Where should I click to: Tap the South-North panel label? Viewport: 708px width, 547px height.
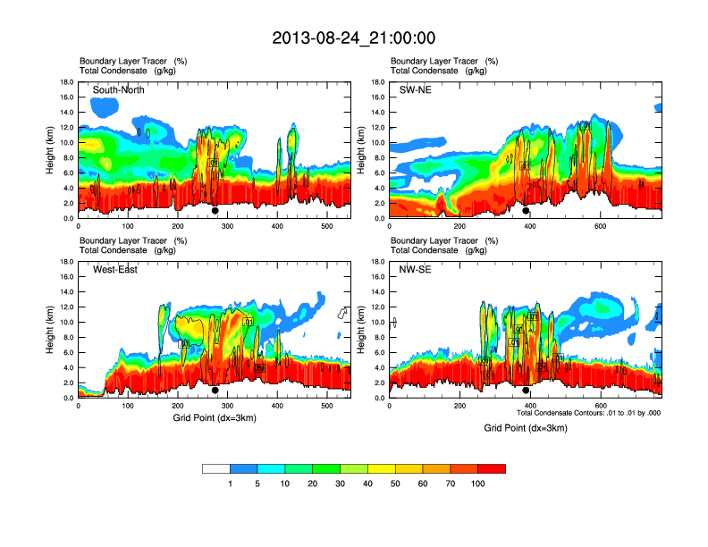pyautogui.click(x=119, y=90)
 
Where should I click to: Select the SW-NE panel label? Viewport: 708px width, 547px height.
pyautogui.click(x=415, y=90)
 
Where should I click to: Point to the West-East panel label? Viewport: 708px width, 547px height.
pyautogui.click(x=115, y=270)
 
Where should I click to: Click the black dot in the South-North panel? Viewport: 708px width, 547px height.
pyautogui.click(x=215, y=211)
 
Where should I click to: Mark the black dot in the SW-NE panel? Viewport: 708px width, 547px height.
pyautogui.click(x=526, y=211)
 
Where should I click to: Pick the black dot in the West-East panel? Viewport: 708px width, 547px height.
pyautogui.click(x=215, y=391)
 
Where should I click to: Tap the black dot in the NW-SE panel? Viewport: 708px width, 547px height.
pyautogui.click(x=526, y=391)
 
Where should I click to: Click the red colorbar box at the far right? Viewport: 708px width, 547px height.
pyautogui.click(x=492, y=468)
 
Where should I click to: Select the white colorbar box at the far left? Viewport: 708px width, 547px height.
pyautogui.click(x=215, y=468)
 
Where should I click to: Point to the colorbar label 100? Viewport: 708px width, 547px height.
pyautogui.click(x=478, y=484)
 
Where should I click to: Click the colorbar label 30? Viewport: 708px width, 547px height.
pyautogui.click(x=341, y=484)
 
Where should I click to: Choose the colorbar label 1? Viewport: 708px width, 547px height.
pyautogui.click(x=230, y=484)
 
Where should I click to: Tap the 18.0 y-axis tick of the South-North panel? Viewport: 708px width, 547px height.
pyautogui.click(x=67, y=82)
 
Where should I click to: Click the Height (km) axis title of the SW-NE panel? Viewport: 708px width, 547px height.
pyautogui.click(x=359, y=149)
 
